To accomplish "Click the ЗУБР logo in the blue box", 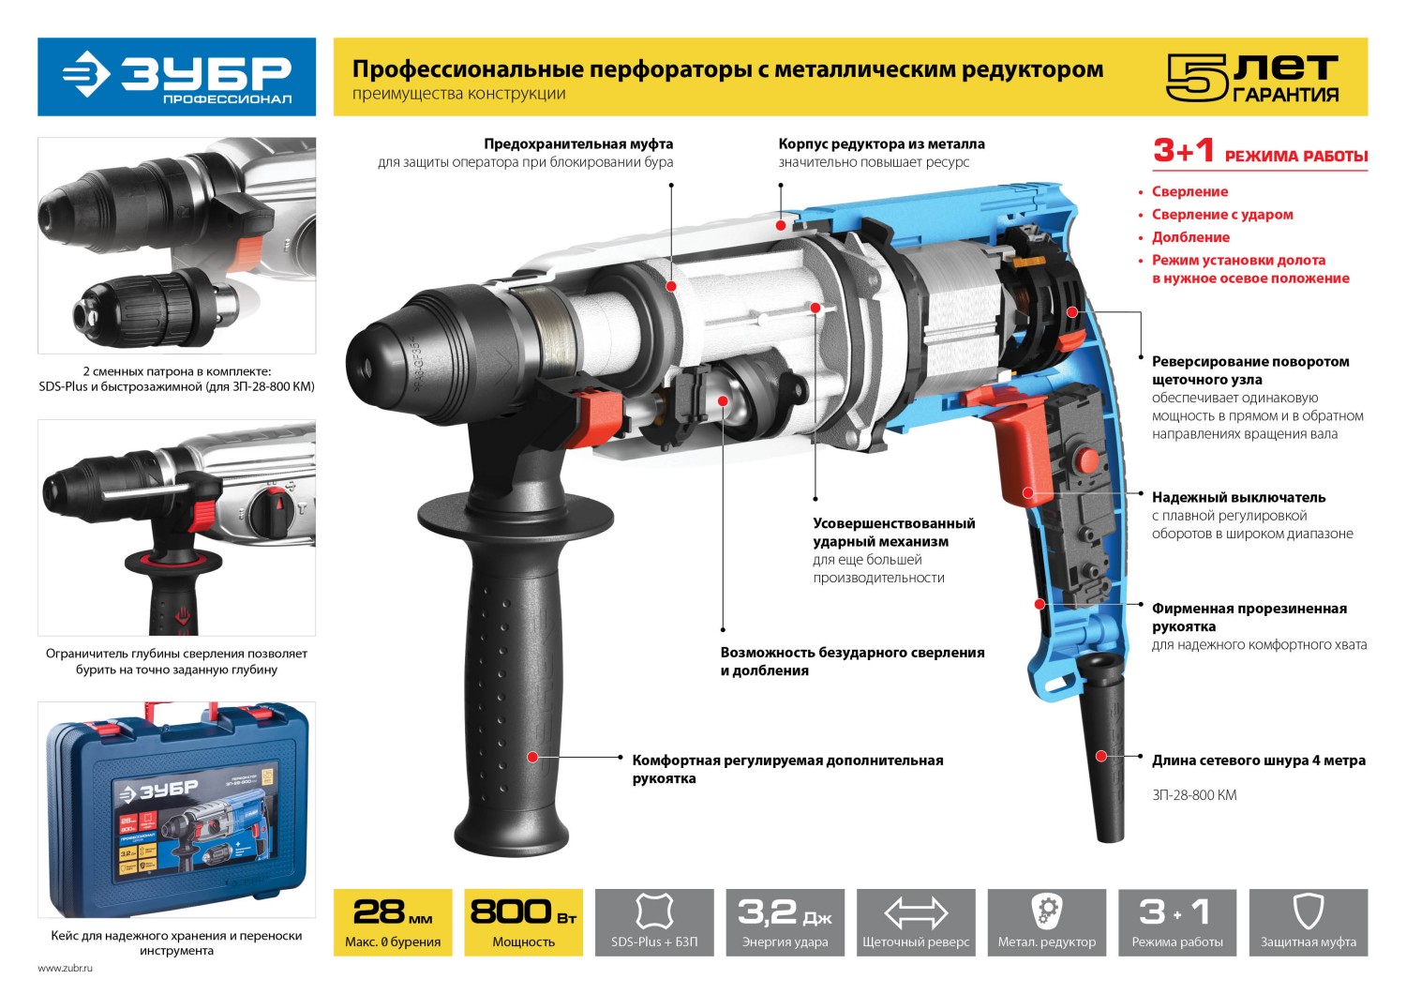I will point(176,77).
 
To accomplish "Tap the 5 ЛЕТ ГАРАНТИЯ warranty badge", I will point(1252,78).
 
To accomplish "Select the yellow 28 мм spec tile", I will point(393,923).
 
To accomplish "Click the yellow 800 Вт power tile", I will point(523,923).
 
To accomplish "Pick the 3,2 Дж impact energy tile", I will point(785,923).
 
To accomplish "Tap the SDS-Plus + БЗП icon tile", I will point(654,923).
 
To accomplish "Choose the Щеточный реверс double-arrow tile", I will point(916,923).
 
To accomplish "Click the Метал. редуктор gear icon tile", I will point(1046,923).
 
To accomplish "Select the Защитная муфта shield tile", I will point(1308,923).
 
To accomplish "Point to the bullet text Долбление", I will point(1190,237).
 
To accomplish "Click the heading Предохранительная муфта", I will point(578,144).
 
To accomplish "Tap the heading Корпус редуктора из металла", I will point(881,144).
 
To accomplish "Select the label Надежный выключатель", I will point(1238,498).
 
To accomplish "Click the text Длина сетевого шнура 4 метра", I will point(1258,761).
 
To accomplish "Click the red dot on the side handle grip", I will point(532,757).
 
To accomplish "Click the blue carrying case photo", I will point(177,808).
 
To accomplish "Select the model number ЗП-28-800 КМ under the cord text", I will point(1194,795).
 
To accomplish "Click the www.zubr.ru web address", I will point(66,968).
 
